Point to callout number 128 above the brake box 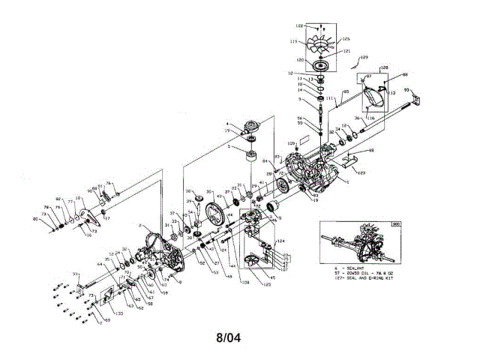[x=385, y=68]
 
